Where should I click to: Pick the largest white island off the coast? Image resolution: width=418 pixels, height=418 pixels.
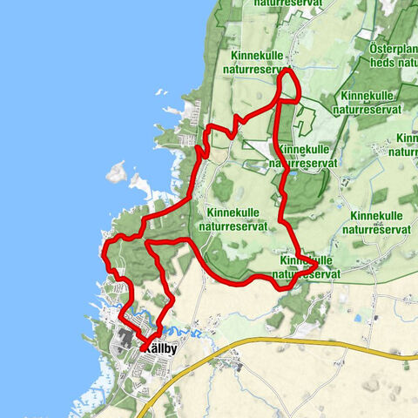pos(117,172)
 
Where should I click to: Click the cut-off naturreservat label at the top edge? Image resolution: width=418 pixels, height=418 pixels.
pos(287,4)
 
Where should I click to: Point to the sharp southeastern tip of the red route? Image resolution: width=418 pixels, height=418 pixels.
pos(315,262)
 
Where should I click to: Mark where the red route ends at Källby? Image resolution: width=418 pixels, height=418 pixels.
pos(143,349)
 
